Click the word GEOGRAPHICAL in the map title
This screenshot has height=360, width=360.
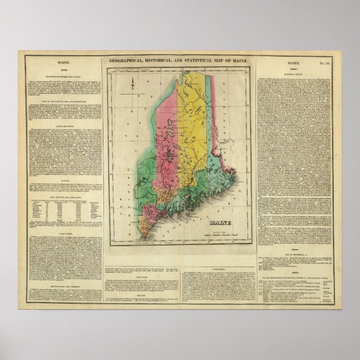pos(133,60)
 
